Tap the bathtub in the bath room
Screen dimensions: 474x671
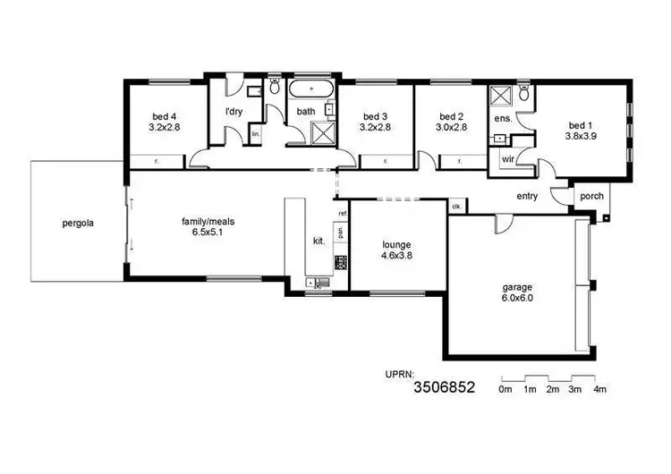pos(311,90)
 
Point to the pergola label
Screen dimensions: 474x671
pos(79,223)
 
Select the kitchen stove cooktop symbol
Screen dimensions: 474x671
pos(341,262)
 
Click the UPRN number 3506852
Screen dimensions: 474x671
pos(444,387)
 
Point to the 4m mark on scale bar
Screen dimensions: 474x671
pos(600,389)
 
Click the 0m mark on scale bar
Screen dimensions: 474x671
pos(505,389)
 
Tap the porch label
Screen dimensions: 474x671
pos(591,197)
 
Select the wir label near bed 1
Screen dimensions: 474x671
pos(506,159)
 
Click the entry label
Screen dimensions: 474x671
pos(527,196)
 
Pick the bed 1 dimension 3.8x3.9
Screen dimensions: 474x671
pos(580,137)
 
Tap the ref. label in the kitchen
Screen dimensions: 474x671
pos(343,214)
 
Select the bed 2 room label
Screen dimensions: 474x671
pos(452,116)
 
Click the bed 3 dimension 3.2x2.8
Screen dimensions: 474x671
pos(375,128)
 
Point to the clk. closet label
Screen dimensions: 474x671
pos(456,207)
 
